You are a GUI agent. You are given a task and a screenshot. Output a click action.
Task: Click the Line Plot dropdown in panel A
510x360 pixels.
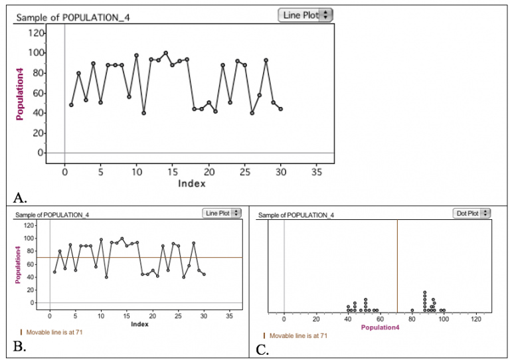[x=305, y=15]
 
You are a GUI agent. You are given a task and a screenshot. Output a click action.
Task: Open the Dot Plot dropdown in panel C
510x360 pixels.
[x=471, y=213]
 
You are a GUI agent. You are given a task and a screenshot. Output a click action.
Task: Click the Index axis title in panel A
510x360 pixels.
[x=191, y=183]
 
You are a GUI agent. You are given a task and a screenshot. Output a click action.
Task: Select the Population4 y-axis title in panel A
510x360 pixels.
[x=20, y=92]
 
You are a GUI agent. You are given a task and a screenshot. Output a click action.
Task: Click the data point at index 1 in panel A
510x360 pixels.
[x=71, y=105]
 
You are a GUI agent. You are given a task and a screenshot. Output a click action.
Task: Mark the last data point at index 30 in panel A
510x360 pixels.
[x=281, y=109]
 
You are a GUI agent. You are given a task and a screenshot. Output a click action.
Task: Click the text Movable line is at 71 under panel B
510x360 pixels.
[x=54, y=331]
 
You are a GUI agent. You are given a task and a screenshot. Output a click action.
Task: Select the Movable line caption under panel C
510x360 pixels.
[x=298, y=336]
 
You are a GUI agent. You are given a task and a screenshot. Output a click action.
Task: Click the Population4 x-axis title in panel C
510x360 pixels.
[x=380, y=327]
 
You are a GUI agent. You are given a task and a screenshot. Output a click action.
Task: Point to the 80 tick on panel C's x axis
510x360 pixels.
[x=412, y=319]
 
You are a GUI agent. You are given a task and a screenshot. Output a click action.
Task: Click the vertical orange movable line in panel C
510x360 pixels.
[x=397, y=266]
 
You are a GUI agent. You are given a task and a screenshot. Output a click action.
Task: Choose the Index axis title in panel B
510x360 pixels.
[x=139, y=324]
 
